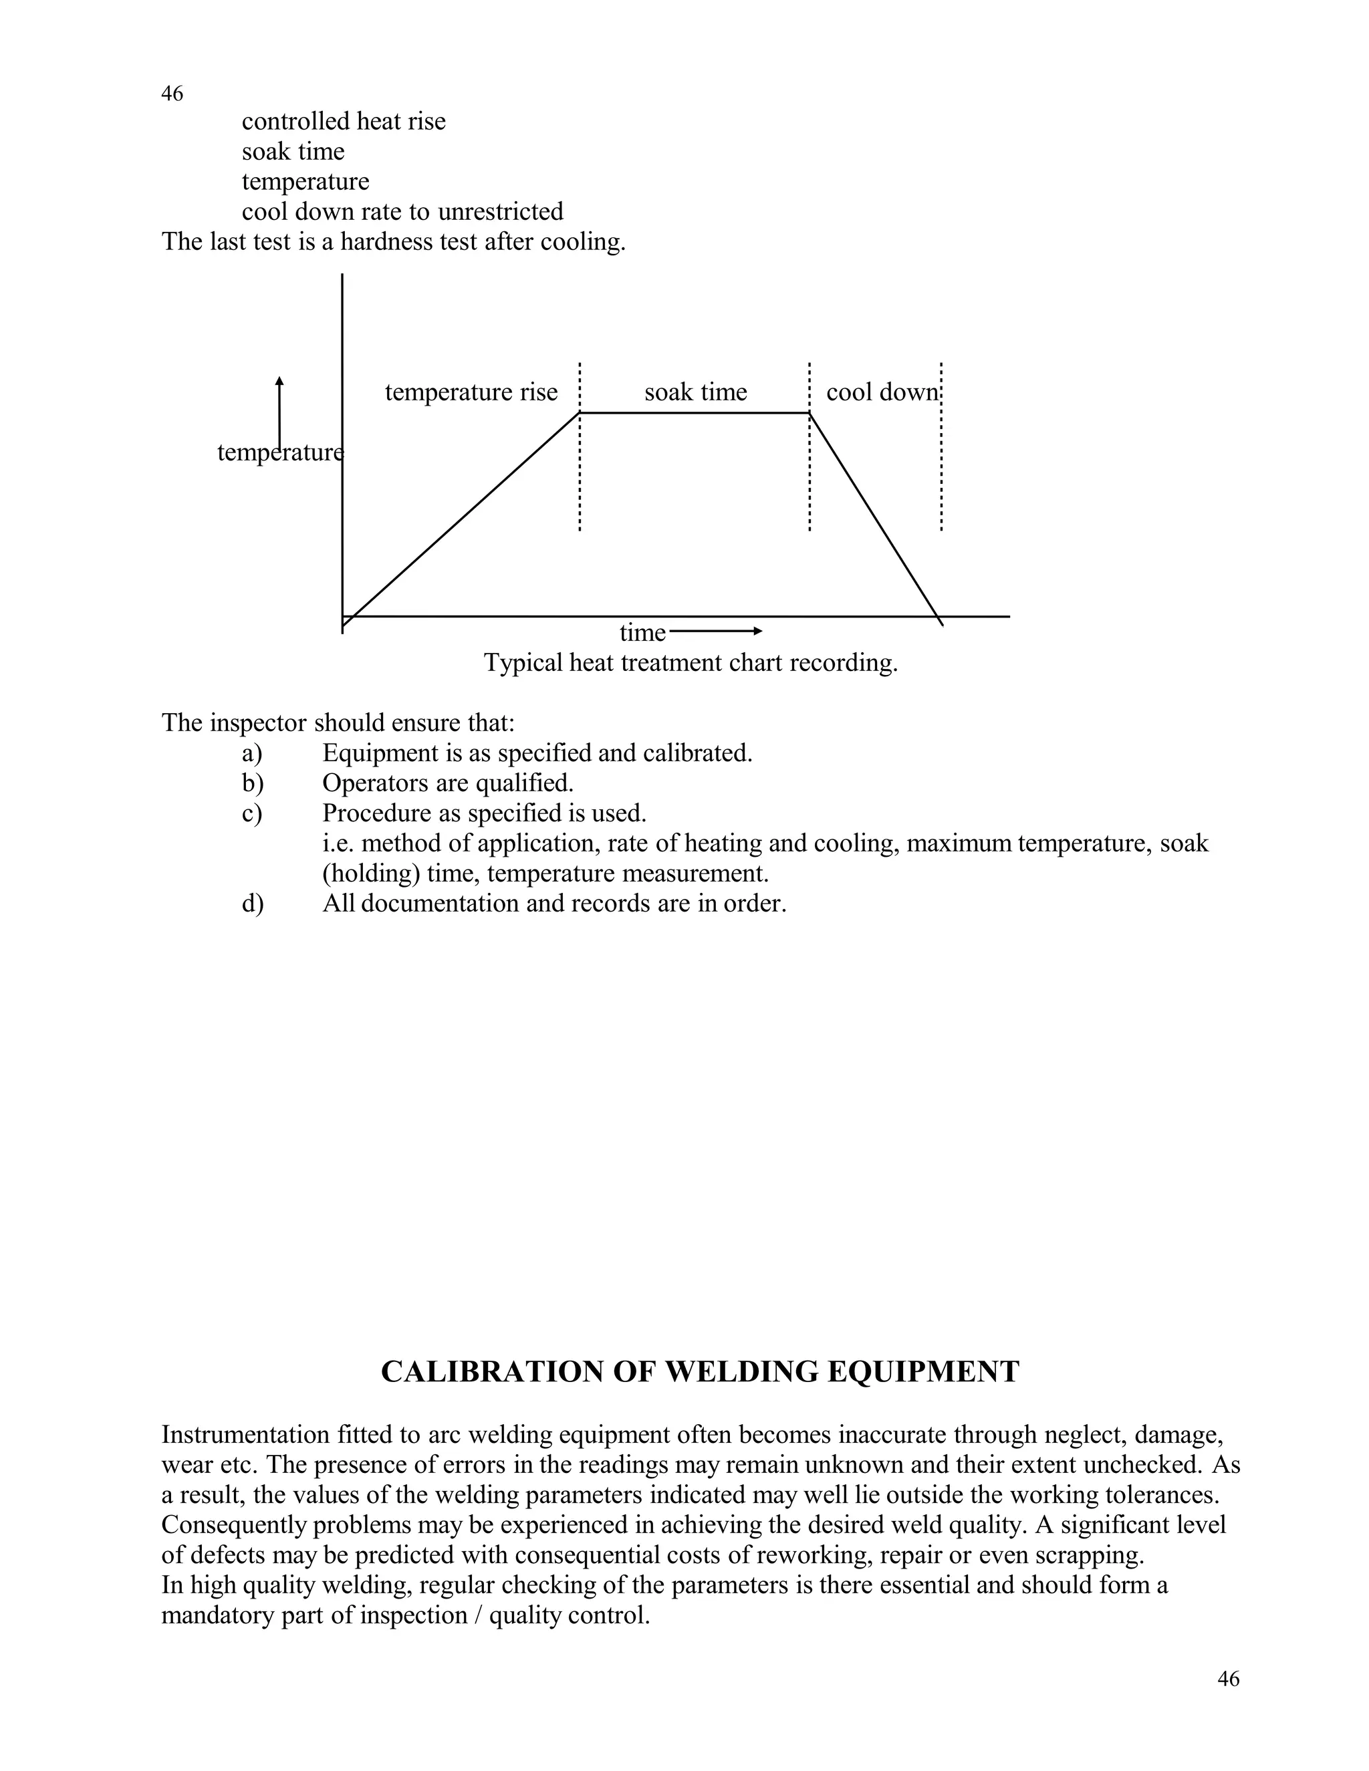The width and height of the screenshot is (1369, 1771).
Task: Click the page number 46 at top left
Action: coord(172,94)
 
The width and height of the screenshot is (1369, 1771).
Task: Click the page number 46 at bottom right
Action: coord(1228,1679)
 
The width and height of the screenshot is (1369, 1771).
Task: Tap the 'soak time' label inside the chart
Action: coord(695,392)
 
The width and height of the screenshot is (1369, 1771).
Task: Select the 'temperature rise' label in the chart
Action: coord(471,392)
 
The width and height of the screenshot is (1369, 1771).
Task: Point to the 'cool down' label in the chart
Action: coord(882,392)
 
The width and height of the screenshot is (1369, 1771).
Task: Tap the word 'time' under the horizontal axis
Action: coord(642,632)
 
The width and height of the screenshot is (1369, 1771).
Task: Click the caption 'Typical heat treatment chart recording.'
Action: coord(691,664)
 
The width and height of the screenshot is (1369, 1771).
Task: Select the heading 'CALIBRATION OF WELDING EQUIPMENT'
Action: coord(700,1372)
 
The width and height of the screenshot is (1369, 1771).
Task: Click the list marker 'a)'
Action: coord(251,753)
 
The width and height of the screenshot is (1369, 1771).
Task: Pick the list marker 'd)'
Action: coord(252,904)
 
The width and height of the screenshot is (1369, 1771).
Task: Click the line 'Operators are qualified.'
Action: coord(448,783)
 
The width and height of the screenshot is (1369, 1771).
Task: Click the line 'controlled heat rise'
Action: coord(344,122)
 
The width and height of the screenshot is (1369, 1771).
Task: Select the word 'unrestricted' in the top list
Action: coord(501,212)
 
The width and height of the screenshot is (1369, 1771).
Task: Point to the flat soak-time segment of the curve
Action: coord(695,413)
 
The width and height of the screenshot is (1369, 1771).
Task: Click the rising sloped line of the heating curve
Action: coord(463,515)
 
